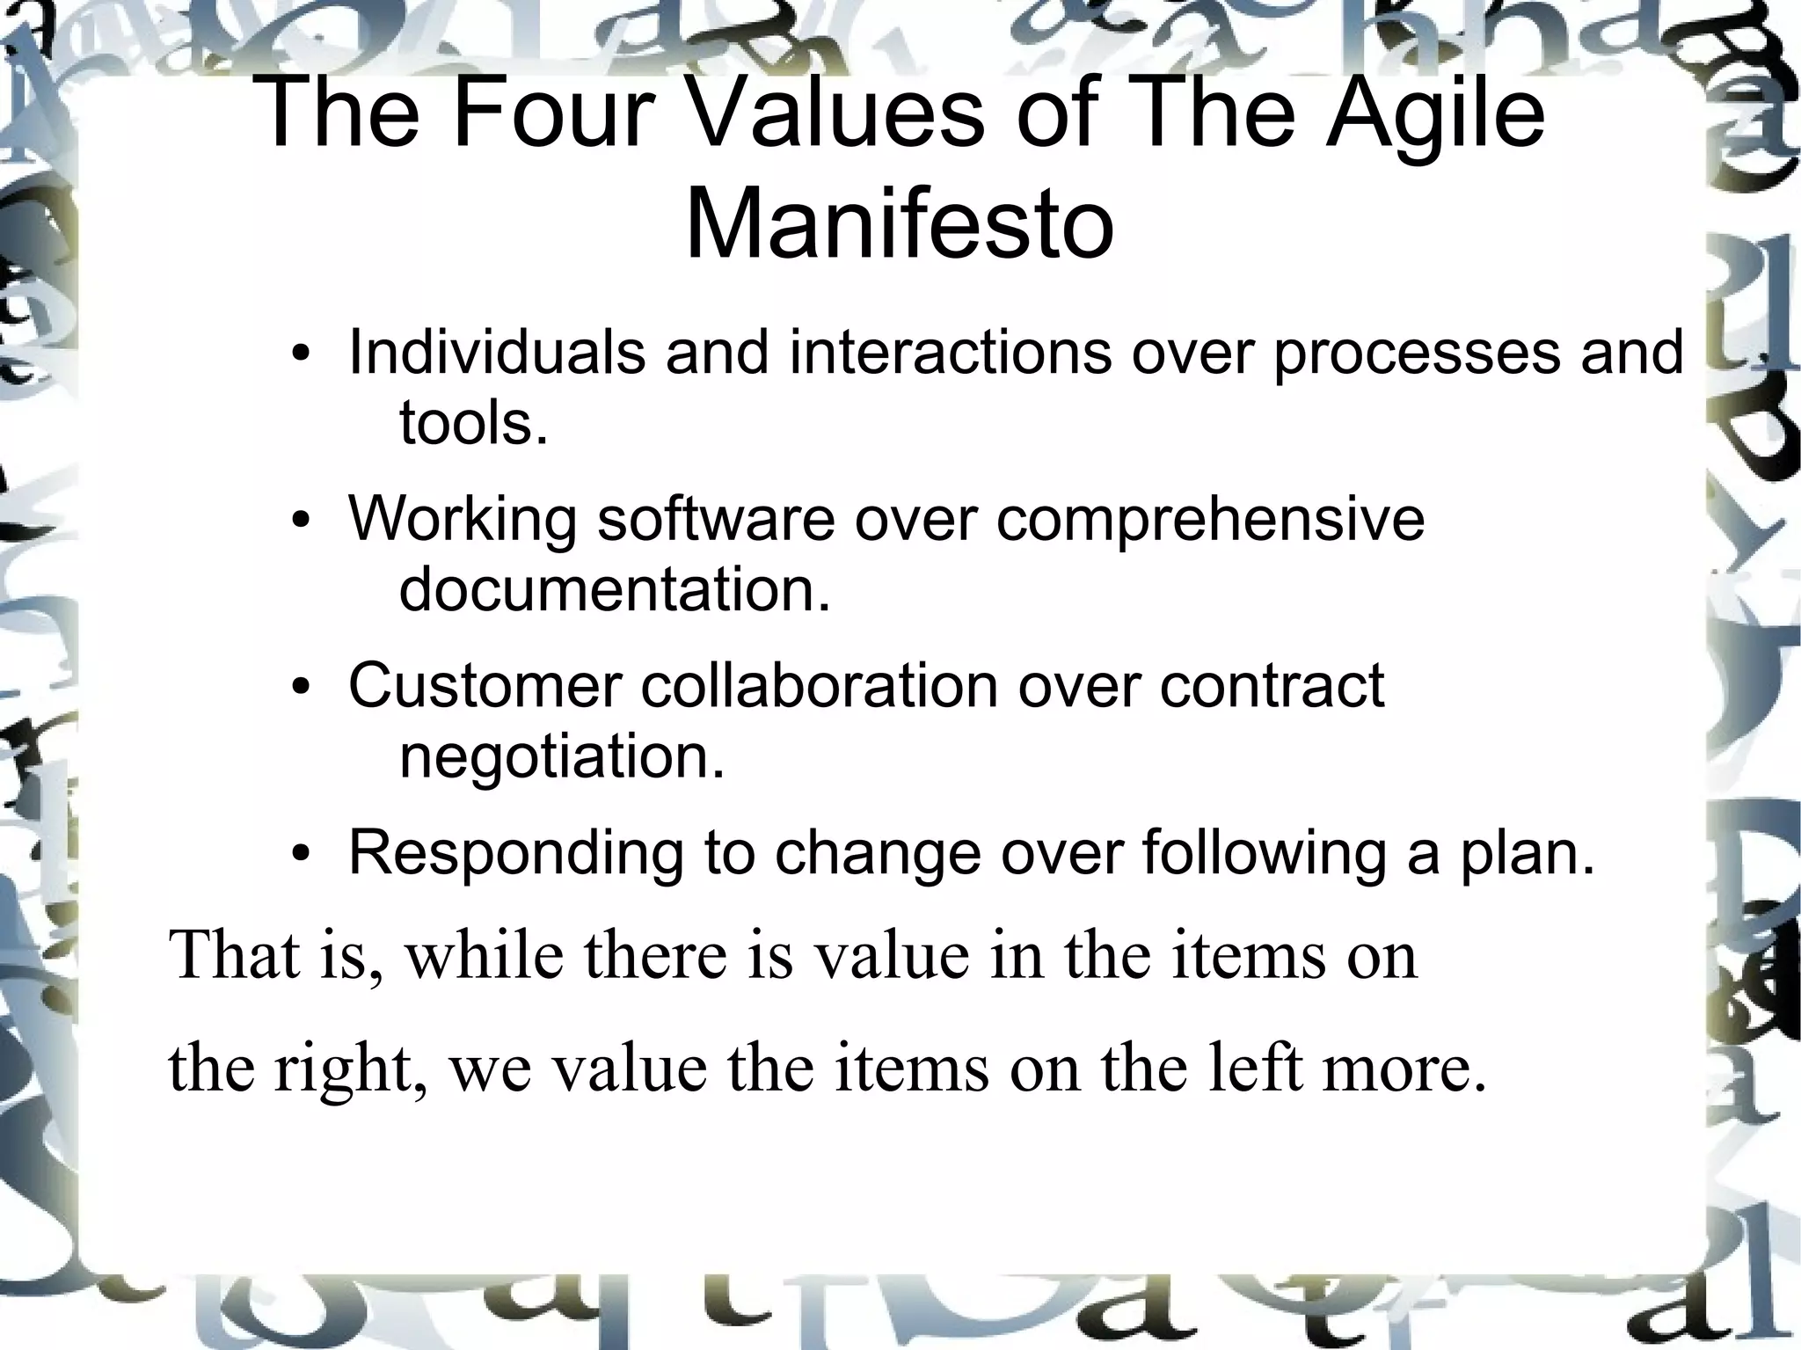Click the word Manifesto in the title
click(900, 225)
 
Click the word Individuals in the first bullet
click(497, 353)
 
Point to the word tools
click(473, 423)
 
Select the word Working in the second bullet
click(463, 520)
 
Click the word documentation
click(614, 589)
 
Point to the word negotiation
click(561, 756)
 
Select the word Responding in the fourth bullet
click(515, 853)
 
